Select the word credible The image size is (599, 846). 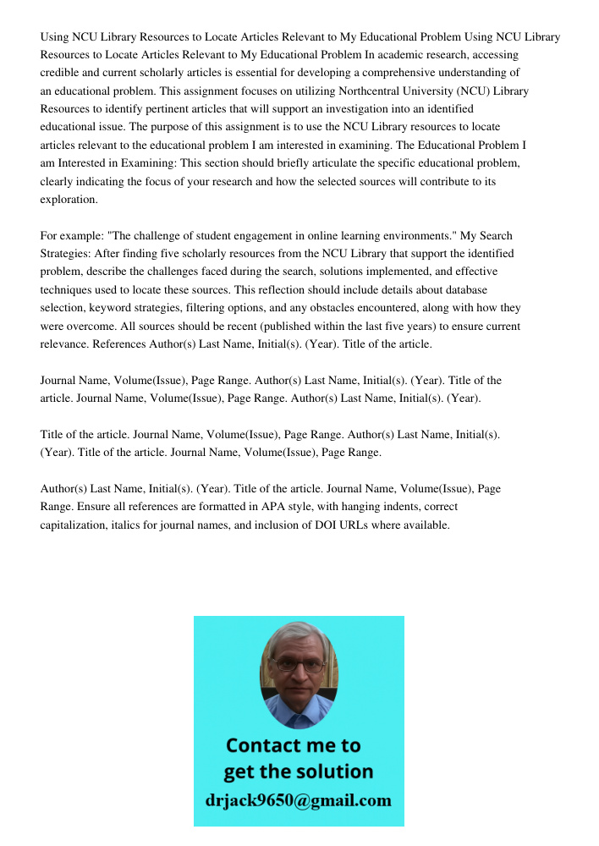60,73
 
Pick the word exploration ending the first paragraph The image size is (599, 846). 69,200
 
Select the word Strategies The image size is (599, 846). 65,253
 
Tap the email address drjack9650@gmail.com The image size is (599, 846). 298,800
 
